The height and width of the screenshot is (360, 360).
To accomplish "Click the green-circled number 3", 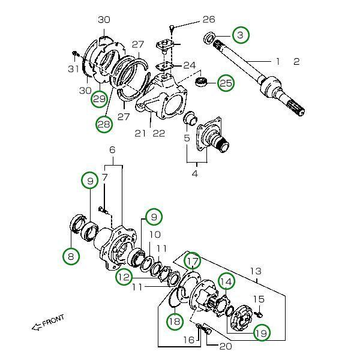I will point(240,35).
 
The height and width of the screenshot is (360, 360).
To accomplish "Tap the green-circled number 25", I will point(226,83).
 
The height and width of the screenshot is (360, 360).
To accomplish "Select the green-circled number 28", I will point(104,124).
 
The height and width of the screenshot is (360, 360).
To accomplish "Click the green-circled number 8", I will point(71,257).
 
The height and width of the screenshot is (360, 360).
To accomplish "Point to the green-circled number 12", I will point(124,277).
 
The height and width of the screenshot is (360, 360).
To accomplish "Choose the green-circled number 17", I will point(192,261).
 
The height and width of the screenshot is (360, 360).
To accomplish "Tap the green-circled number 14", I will point(226,281).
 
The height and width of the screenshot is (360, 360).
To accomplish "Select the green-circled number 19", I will point(262,332).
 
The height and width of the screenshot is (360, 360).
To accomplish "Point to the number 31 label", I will point(73,68).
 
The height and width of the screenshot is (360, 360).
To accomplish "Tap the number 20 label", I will point(226,346).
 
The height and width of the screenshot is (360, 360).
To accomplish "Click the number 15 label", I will point(259,299).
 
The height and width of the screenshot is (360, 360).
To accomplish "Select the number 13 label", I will point(256,271).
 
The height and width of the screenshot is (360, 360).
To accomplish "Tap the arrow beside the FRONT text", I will point(37,327).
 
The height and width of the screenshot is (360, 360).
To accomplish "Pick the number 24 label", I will point(190,65).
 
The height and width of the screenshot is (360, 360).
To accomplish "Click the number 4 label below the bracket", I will point(194,174).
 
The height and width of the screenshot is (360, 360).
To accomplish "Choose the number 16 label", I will point(188,340).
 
